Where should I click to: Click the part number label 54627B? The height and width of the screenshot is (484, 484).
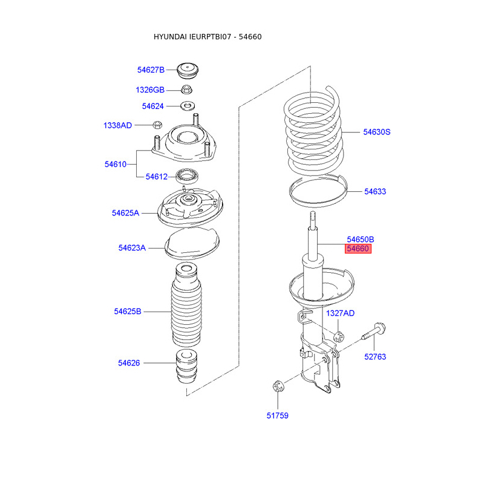(x=150, y=70)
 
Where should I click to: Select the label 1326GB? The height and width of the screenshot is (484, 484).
(x=149, y=90)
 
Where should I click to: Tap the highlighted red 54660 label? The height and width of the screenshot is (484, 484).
(x=358, y=249)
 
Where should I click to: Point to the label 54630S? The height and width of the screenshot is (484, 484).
(x=376, y=131)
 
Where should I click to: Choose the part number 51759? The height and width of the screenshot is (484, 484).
(x=277, y=416)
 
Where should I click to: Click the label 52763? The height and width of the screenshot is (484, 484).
(x=374, y=357)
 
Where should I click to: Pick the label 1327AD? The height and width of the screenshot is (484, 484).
(x=340, y=313)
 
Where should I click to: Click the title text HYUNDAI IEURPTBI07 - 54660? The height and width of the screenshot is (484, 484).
(x=208, y=37)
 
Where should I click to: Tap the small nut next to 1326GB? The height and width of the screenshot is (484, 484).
(x=186, y=90)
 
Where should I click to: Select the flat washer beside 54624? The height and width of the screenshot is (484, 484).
(x=188, y=107)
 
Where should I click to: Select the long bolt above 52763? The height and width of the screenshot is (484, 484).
(x=375, y=333)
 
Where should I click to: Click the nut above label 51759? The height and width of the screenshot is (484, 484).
(x=278, y=385)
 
